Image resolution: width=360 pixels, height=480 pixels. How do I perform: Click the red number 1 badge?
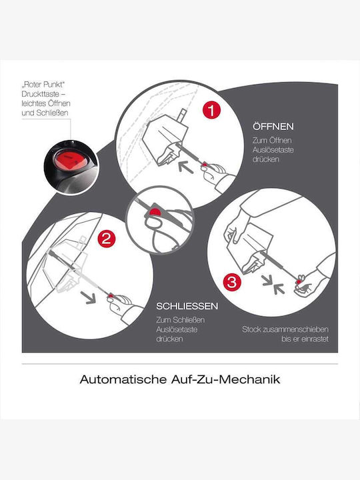[211, 110]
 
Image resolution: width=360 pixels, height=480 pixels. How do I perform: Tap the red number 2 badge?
[107, 239]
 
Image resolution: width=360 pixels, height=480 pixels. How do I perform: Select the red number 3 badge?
[232, 282]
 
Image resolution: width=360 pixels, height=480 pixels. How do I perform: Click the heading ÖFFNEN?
[273, 127]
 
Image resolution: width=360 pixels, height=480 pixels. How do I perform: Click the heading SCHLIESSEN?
[187, 306]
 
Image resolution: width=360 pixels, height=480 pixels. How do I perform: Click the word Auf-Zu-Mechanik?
[225, 379]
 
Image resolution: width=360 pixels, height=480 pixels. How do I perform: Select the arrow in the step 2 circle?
[88, 297]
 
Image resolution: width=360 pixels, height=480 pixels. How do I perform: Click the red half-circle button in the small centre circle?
[155, 211]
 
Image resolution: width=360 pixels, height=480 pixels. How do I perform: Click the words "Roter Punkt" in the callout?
[43, 85]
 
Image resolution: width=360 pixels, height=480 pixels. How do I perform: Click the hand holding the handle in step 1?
[215, 173]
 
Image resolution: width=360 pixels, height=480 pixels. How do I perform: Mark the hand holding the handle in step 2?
[121, 304]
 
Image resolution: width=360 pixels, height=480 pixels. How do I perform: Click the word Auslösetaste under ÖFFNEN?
[273, 150]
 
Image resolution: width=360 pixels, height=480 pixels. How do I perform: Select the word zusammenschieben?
[295, 329]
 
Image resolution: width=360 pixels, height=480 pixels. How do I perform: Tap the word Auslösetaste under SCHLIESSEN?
[177, 330]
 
